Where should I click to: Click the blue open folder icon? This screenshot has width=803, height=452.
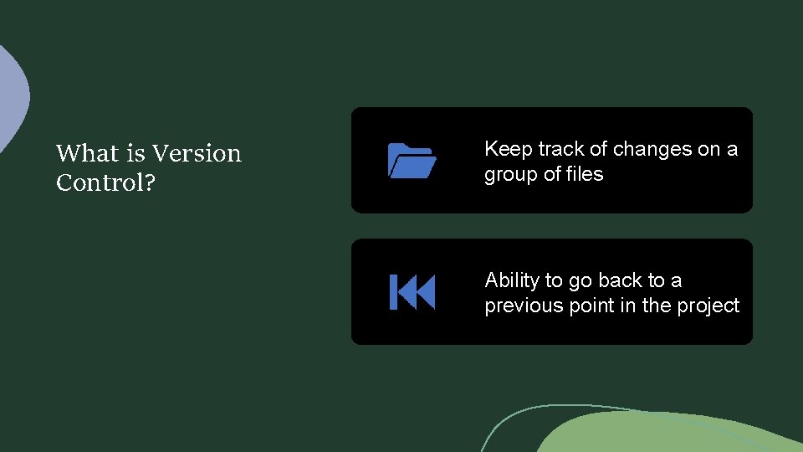click(412, 160)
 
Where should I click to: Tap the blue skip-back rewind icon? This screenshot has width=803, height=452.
click(412, 292)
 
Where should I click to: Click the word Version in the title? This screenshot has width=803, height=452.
click(197, 153)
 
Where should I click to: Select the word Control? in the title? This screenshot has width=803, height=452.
click(105, 182)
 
